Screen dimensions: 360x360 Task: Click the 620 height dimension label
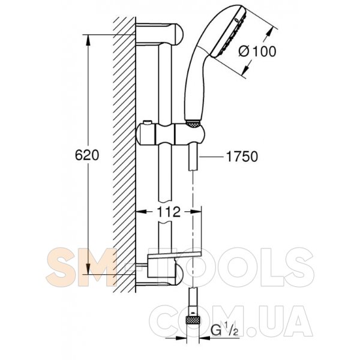coord(87,155)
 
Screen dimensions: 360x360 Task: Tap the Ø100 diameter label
coord(257,52)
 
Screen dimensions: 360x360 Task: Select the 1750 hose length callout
coord(242,157)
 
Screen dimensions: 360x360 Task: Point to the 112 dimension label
coord(169,212)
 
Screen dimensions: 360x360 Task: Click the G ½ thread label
coord(224,331)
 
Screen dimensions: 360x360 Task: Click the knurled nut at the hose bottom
coord(193,320)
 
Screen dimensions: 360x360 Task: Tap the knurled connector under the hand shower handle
coord(193,124)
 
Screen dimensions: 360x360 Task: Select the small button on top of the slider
coord(146,122)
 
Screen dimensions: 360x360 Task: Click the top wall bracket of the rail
coord(160,34)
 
